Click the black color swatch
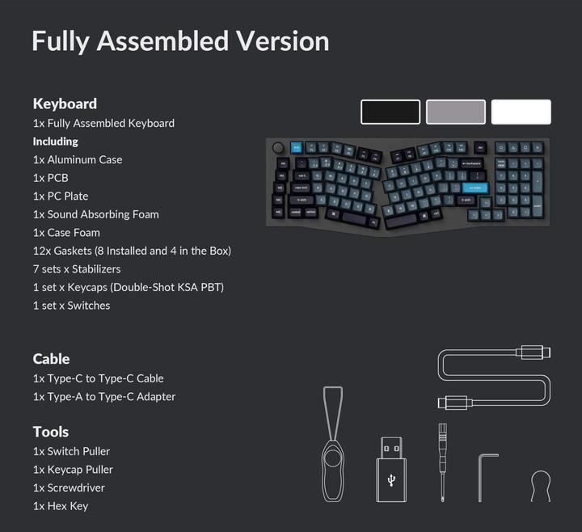390,112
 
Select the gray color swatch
456,112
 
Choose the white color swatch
521,112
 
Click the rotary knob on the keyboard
279,148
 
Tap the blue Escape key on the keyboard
296,147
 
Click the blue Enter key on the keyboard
474,187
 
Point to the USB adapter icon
391,469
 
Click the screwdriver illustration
442,461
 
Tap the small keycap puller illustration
540,485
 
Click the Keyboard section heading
65,103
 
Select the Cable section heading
51,358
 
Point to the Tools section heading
50,431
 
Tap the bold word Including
55,141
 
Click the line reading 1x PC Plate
61,196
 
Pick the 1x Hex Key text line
61,505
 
